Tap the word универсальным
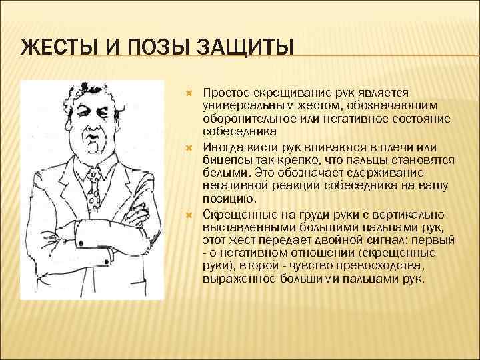244,106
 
